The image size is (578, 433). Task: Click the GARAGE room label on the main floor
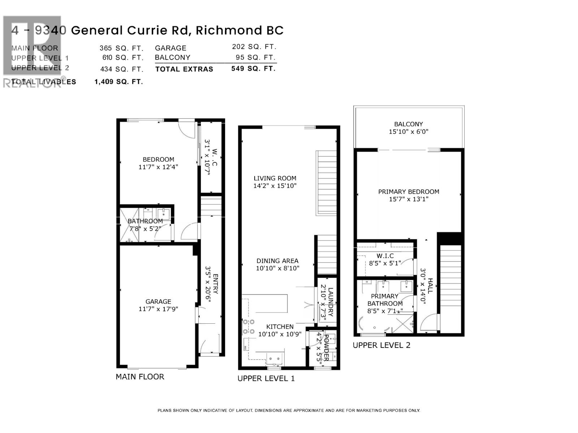(x=158, y=305)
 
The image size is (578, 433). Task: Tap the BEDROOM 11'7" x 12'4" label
(x=158, y=163)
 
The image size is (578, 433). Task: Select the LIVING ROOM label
(x=275, y=182)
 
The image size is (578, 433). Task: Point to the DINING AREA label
(x=277, y=264)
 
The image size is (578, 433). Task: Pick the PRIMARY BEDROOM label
(x=409, y=195)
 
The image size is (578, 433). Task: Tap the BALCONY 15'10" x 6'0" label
(x=409, y=128)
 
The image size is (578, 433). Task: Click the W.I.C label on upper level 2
(x=385, y=259)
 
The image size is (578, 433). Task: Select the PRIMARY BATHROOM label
(x=385, y=303)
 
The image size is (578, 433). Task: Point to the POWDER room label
(x=323, y=347)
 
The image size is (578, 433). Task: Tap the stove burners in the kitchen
(x=247, y=327)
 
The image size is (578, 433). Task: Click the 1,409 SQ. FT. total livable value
(x=119, y=82)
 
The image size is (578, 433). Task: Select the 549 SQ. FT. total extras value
(x=253, y=69)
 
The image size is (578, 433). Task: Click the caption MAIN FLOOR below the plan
(x=140, y=377)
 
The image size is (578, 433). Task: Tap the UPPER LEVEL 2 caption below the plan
(x=381, y=345)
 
